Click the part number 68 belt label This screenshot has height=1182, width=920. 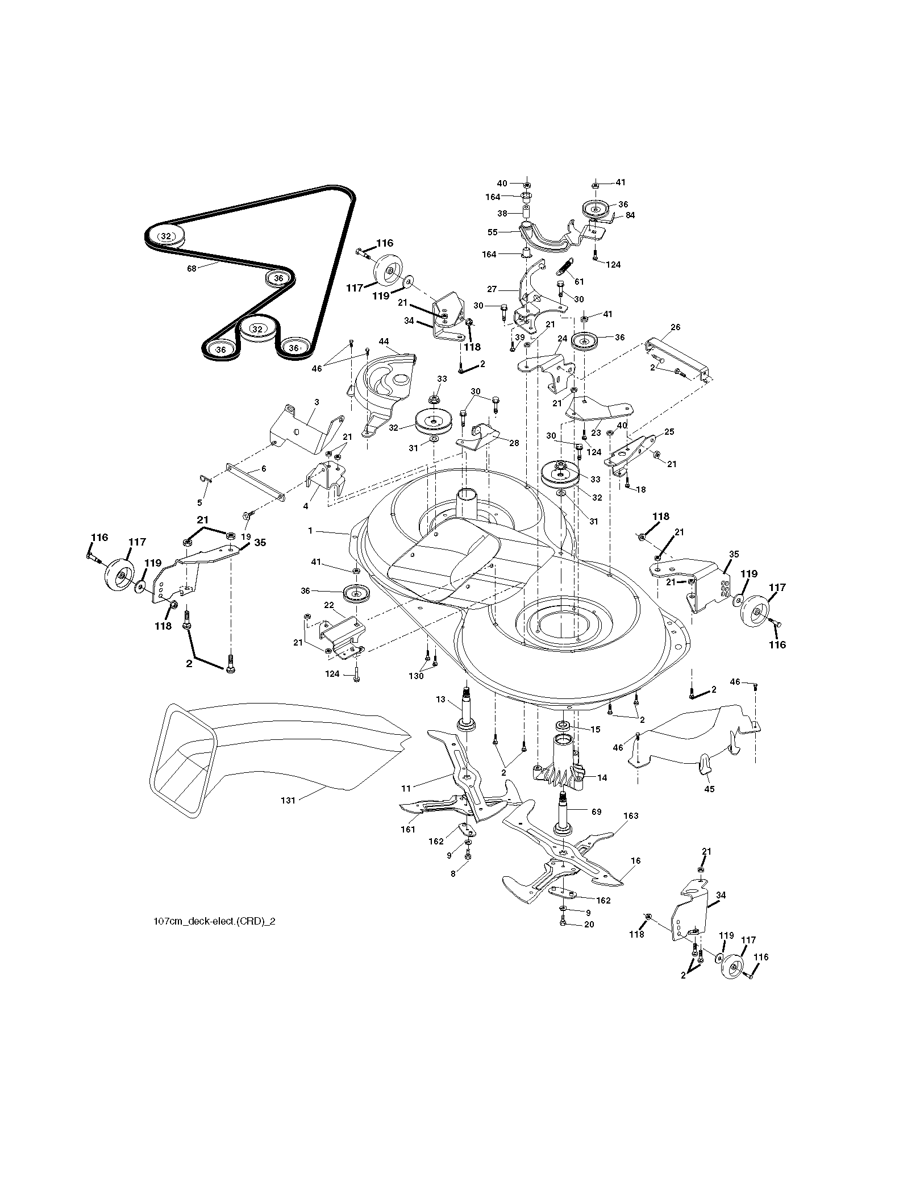[192, 269]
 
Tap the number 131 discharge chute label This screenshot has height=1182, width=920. [289, 800]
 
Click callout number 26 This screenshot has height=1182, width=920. [675, 327]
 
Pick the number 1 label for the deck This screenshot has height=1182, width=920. [311, 530]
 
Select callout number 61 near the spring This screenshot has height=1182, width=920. [579, 282]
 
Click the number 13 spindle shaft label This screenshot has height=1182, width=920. [440, 700]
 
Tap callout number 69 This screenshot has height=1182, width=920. [596, 812]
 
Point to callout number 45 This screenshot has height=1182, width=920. [709, 789]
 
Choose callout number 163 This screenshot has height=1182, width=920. [631, 816]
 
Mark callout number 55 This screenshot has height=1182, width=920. [493, 232]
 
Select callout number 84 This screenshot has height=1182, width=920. [630, 215]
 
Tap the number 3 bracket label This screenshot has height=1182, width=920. [317, 402]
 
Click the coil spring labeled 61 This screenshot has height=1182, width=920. [566, 267]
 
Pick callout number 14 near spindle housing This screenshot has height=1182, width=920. [602, 778]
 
